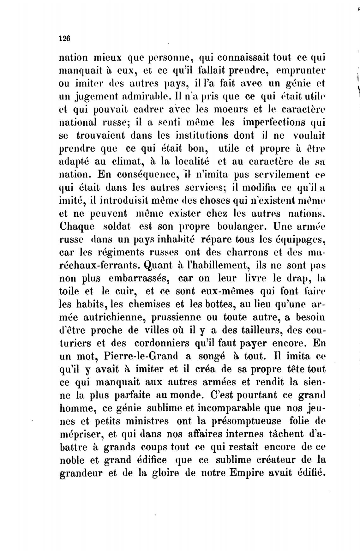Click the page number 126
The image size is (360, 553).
[64, 38]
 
